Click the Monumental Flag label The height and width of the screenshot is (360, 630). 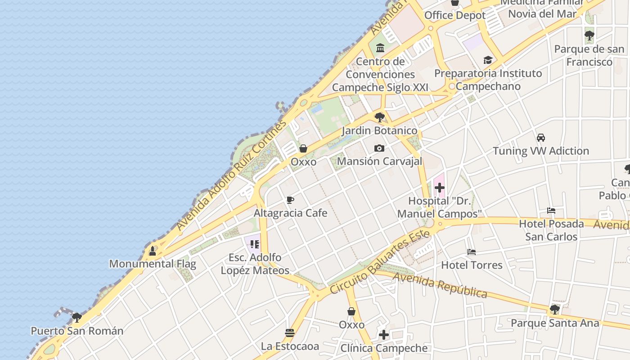point(153,264)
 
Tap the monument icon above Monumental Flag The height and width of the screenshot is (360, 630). point(153,251)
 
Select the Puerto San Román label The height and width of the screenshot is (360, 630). point(77,331)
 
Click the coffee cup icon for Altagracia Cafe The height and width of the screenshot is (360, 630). point(290,200)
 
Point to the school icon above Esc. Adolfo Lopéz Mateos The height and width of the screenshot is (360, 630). point(255,244)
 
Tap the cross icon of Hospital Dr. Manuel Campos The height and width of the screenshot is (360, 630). point(440,187)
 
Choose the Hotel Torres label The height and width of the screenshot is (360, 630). point(472,265)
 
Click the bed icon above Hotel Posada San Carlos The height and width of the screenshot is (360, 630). point(551,211)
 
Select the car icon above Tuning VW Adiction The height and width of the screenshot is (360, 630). point(541,138)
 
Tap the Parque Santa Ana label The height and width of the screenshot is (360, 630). point(555,323)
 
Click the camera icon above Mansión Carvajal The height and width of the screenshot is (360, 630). point(379,148)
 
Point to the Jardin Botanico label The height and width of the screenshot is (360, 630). point(379,130)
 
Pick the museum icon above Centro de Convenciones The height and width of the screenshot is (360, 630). point(380,48)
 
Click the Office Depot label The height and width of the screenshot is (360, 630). point(455,15)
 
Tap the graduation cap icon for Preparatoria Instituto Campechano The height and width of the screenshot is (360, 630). point(488,60)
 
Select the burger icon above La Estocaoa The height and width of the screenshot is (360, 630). point(290,333)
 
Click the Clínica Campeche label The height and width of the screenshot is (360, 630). point(384,348)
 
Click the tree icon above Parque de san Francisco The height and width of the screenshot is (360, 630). point(589,36)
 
